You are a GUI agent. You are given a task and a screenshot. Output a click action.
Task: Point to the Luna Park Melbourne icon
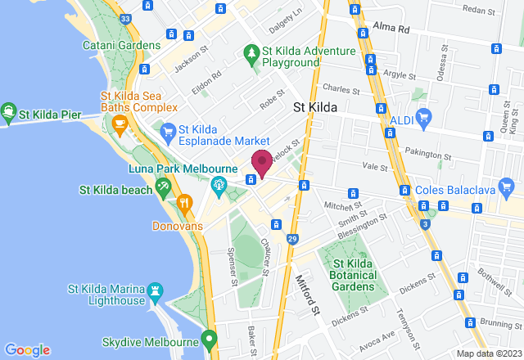[219, 185]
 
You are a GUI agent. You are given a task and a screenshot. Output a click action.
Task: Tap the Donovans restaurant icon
[185, 202]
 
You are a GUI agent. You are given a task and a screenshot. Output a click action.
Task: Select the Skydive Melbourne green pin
[209, 337]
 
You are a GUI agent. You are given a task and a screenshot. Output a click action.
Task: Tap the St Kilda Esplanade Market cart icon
[168, 131]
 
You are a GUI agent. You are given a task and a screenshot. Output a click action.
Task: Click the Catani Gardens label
[122, 45]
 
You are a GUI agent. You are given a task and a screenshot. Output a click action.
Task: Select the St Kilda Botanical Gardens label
[354, 274]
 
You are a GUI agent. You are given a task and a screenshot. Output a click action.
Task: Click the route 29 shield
[292, 238]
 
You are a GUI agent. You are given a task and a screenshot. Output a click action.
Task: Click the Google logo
[27, 349]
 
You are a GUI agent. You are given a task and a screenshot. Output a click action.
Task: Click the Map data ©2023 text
[488, 353]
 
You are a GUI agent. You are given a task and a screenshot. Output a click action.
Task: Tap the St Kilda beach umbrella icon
[163, 190]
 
